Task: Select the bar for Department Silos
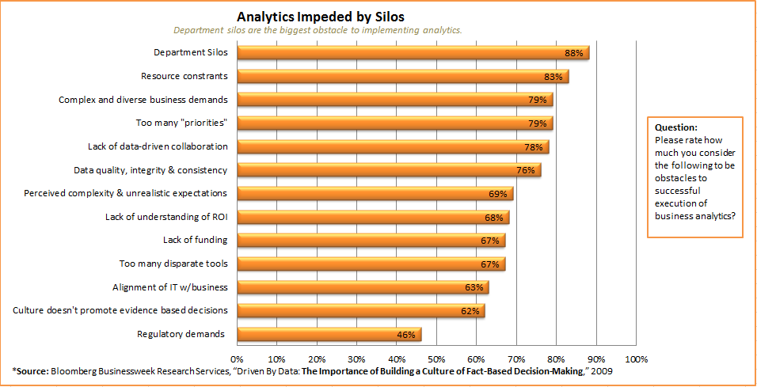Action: click(412, 53)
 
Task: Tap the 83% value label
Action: click(553, 77)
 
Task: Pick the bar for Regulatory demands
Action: click(329, 334)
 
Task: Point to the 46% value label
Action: click(406, 335)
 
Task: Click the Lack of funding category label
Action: click(195, 240)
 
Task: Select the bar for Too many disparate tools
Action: click(371, 264)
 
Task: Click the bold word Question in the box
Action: click(676, 127)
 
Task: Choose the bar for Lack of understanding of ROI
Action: click(372, 217)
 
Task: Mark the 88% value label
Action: click(573, 53)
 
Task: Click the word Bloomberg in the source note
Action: click(76, 370)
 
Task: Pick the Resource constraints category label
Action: click(184, 76)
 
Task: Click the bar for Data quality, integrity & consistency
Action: click(388, 170)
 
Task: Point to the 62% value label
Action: click(470, 311)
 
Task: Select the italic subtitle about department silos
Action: click(318, 30)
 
